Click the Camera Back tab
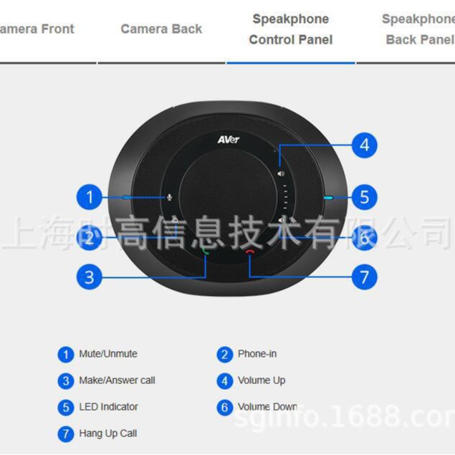161,29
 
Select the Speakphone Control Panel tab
290,29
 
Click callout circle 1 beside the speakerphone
89,197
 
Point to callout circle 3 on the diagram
89,277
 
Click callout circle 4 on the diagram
364,145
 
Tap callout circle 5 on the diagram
364,196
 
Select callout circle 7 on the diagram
364,277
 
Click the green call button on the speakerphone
206,252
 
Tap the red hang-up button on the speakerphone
249,252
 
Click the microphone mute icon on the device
169,197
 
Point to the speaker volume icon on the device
282,173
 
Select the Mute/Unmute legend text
108,354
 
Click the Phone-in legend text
257,354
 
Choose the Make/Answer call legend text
117,380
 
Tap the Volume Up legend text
262,380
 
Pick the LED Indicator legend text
109,407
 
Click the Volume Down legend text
267,407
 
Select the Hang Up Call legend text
108,434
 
